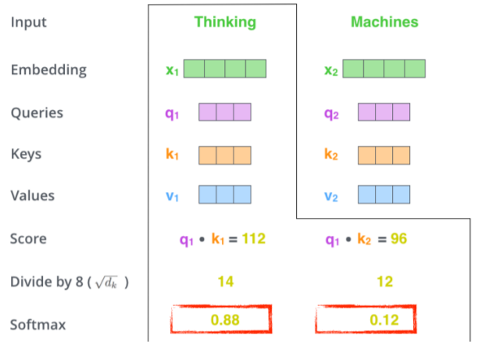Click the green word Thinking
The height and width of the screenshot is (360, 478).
pos(225,22)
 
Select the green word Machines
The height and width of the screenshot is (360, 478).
pos(384,22)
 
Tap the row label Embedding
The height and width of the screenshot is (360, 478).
pos(48,70)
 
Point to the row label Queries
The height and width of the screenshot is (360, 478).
pos(37,112)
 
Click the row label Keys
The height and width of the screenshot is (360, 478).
pos(26,154)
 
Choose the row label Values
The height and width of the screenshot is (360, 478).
pos(32,195)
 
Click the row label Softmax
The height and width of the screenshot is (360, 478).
pos(37,323)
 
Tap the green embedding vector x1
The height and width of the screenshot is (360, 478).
pos(225,69)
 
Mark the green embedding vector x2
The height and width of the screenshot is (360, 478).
pos(384,69)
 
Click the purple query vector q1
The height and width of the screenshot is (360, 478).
pos(225,112)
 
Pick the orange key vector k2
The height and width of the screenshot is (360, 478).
pos(384,154)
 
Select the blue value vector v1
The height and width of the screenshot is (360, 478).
pos(225,194)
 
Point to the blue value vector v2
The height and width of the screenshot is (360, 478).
pos(384,194)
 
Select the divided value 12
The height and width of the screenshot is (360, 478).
pos(384,280)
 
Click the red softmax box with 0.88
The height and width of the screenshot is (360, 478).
pos(221,320)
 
